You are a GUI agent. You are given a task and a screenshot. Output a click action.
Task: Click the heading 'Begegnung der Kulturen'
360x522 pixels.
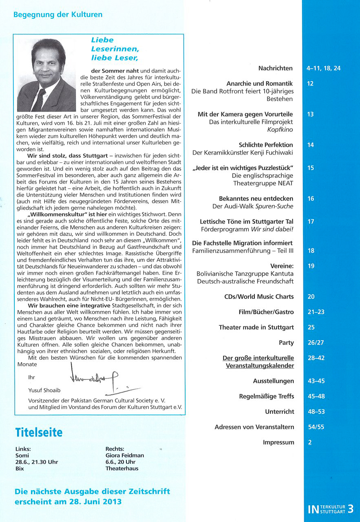click(58, 15)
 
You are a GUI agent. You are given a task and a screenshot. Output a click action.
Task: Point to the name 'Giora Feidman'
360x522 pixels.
click(124, 456)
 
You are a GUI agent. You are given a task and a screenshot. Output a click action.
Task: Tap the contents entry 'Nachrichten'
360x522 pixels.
click(276, 68)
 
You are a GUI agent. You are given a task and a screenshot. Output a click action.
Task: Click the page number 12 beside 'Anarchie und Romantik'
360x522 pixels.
click(311, 84)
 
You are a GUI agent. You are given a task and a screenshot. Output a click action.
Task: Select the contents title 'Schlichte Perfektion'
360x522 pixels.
click(265, 145)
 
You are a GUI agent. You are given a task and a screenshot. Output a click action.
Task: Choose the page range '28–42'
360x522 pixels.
click(316, 358)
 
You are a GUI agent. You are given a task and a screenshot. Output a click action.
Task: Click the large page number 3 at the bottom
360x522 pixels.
click(351, 509)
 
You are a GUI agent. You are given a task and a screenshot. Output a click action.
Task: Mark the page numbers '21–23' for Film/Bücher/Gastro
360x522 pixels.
click(316, 312)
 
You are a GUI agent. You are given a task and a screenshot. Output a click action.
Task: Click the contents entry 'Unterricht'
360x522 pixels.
click(279, 412)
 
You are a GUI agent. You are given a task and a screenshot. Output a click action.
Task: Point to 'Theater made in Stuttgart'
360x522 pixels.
click(256, 327)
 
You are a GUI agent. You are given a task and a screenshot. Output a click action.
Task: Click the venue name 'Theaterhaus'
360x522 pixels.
click(121, 469)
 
